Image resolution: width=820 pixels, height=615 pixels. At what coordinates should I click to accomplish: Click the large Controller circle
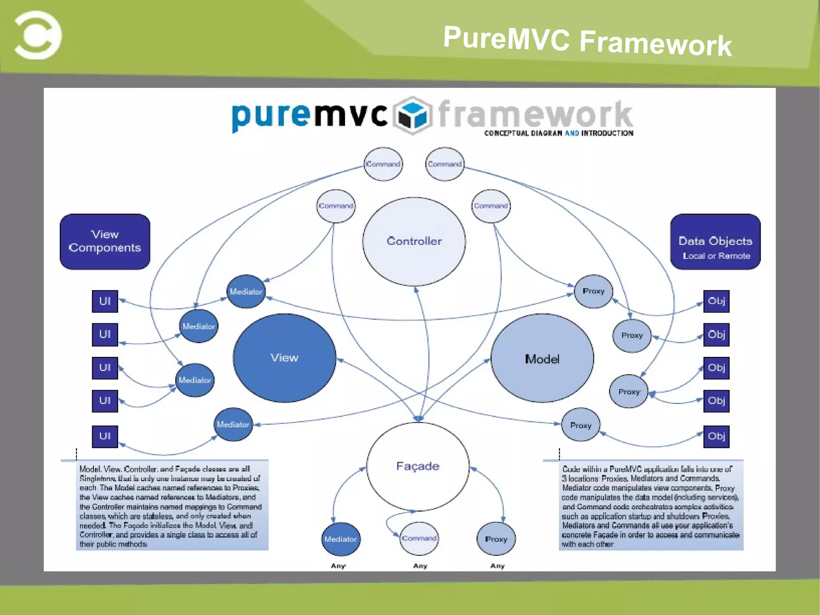point(414,242)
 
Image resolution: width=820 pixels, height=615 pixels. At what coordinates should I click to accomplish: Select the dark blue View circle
point(284,358)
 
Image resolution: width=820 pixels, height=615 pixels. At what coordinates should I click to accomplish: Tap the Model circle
point(542,359)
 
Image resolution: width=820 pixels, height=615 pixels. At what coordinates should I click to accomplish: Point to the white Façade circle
point(418,466)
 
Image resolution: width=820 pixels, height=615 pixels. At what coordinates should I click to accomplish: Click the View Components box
point(105,242)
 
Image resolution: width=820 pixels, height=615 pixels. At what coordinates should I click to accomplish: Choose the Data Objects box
point(715,242)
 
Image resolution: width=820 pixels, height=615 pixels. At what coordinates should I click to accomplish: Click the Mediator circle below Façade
point(341,539)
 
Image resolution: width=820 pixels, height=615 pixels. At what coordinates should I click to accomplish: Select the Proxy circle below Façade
point(496,539)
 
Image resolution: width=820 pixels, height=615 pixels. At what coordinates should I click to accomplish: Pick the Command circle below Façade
point(419,538)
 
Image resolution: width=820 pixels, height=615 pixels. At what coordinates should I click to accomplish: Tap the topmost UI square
point(105,301)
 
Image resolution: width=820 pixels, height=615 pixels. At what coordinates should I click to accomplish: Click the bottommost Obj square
point(716,436)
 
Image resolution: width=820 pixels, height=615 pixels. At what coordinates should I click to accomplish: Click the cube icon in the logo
point(412,115)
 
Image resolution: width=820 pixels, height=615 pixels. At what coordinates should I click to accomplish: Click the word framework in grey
point(535,114)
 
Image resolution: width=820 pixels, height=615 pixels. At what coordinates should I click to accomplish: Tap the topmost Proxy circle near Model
point(593,291)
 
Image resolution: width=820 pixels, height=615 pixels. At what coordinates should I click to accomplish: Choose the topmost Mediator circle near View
point(246,292)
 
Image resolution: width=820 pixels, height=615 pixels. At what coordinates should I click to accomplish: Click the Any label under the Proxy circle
point(497,566)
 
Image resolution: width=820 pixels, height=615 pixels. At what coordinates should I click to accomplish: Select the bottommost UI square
point(105,436)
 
